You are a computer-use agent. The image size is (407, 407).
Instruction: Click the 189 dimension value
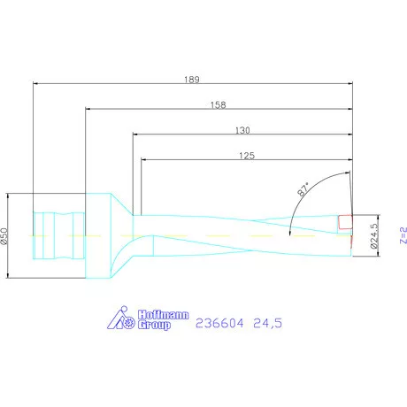click(x=192, y=79)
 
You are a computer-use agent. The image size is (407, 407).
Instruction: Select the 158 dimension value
click(x=219, y=104)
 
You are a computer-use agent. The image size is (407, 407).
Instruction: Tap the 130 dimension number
click(x=242, y=130)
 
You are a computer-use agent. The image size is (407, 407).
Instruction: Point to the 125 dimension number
click(x=247, y=156)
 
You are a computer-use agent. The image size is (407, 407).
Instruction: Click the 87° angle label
click(x=303, y=188)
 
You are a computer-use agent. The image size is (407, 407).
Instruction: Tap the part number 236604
click(x=222, y=325)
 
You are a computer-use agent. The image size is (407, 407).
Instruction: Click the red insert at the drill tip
click(x=345, y=221)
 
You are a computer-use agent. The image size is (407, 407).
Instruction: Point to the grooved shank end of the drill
click(x=58, y=235)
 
